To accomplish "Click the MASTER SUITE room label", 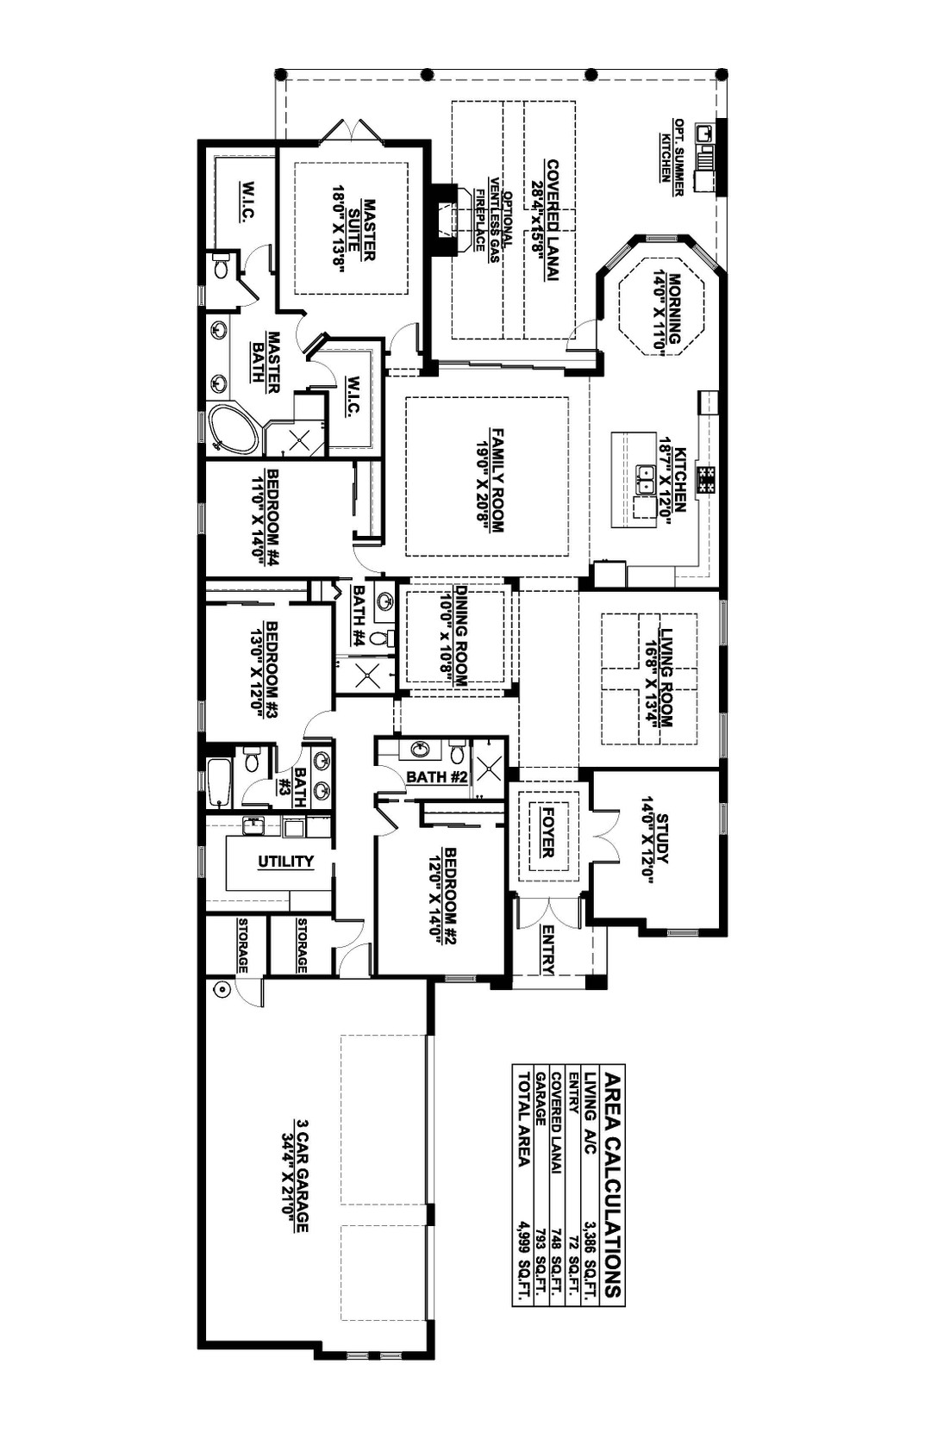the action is (x=361, y=230).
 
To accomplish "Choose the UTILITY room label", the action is (x=286, y=862).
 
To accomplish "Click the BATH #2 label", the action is (x=437, y=777).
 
